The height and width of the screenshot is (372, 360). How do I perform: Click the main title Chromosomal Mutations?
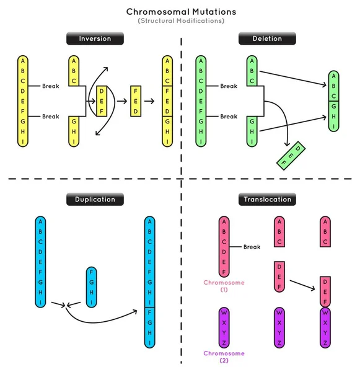pyautogui.click(x=180, y=12)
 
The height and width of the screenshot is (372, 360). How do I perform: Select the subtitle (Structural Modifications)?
pyautogui.click(x=180, y=21)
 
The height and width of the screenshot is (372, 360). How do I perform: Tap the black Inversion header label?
pyautogui.click(x=95, y=39)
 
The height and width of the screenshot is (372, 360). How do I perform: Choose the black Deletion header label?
pyautogui.click(x=268, y=39)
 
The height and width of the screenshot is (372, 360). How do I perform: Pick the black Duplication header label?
pyautogui.click(x=95, y=200)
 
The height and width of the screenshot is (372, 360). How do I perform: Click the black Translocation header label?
pyautogui.click(x=268, y=200)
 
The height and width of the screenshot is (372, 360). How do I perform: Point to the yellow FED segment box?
pyautogui.click(x=135, y=101)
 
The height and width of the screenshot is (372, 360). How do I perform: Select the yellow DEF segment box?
pyautogui.click(x=102, y=101)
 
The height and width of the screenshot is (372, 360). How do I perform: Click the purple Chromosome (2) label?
pyautogui.click(x=224, y=356)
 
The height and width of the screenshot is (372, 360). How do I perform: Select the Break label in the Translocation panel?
pyautogui.click(x=252, y=247)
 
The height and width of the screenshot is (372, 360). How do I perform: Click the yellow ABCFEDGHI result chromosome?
pyautogui.click(x=168, y=101)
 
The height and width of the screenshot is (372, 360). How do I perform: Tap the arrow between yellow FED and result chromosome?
pyautogui.click(x=149, y=101)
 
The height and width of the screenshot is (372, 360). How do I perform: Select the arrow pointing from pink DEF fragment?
pyautogui.click(x=302, y=285)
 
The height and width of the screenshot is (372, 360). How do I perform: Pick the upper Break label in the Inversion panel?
pyautogui.click(x=51, y=86)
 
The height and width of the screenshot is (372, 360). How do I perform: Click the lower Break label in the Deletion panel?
pyautogui.click(x=229, y=117)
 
